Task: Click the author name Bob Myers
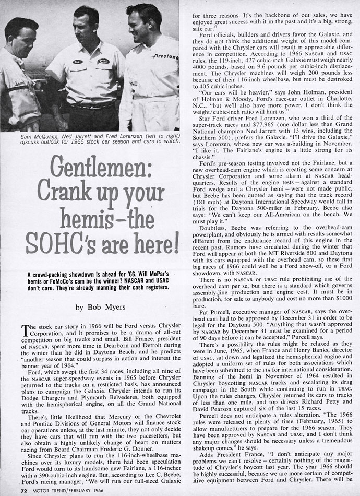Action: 104,308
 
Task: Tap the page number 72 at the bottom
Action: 9,491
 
